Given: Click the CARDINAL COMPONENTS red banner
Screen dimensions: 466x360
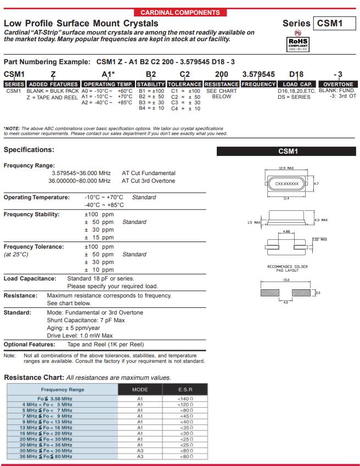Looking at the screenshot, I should [180, 12].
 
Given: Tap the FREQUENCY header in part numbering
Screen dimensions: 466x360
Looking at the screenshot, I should [258, 84].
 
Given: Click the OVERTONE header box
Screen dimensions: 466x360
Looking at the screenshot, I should [338, 84].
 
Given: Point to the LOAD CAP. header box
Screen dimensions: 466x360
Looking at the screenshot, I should [297, 84].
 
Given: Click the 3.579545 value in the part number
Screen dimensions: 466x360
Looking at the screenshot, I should [258, 74].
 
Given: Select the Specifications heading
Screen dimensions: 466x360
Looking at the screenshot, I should [29, 149].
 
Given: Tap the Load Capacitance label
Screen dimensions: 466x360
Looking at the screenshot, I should [30, 278].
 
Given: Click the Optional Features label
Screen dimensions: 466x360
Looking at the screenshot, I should [30, 344].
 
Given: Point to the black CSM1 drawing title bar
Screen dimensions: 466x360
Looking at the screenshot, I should [287, 151].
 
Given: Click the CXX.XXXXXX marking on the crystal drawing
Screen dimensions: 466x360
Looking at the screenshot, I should [286, 184].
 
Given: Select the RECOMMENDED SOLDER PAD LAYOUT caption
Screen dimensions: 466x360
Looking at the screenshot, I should [288, 268].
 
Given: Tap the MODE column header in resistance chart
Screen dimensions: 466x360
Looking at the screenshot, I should [140, 389].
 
